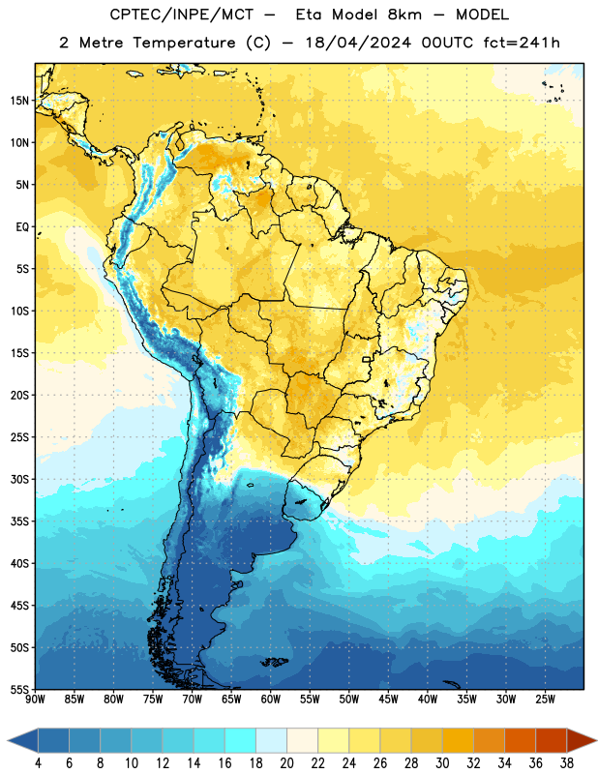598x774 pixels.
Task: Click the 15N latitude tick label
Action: point(19,101)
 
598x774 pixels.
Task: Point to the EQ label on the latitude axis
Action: point(22,227)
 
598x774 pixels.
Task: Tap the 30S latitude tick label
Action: point(19,479)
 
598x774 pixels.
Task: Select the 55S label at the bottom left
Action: point(19,690)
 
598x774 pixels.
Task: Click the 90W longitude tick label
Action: point(35,700)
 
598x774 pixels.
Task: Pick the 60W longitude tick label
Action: point(271,700)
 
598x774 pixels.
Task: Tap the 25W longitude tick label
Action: point(545,700)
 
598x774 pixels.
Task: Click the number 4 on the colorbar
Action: point(38,763)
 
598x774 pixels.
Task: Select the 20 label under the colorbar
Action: point(286,763)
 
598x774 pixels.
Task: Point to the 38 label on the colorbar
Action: point(567,763)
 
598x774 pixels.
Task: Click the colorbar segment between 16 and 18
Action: point(240,740)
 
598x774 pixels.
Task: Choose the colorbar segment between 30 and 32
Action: point(458,740)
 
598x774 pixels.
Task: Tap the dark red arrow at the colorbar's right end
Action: point(581,740)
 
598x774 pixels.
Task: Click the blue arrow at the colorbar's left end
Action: point(23,740)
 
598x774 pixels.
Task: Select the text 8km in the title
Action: point(404,15)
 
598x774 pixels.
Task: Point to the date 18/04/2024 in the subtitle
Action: point(358,43)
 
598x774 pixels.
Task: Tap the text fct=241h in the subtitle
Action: point(522,43)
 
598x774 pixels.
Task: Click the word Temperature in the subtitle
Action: point(184,43)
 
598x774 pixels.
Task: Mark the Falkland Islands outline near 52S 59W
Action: point(275,662)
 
